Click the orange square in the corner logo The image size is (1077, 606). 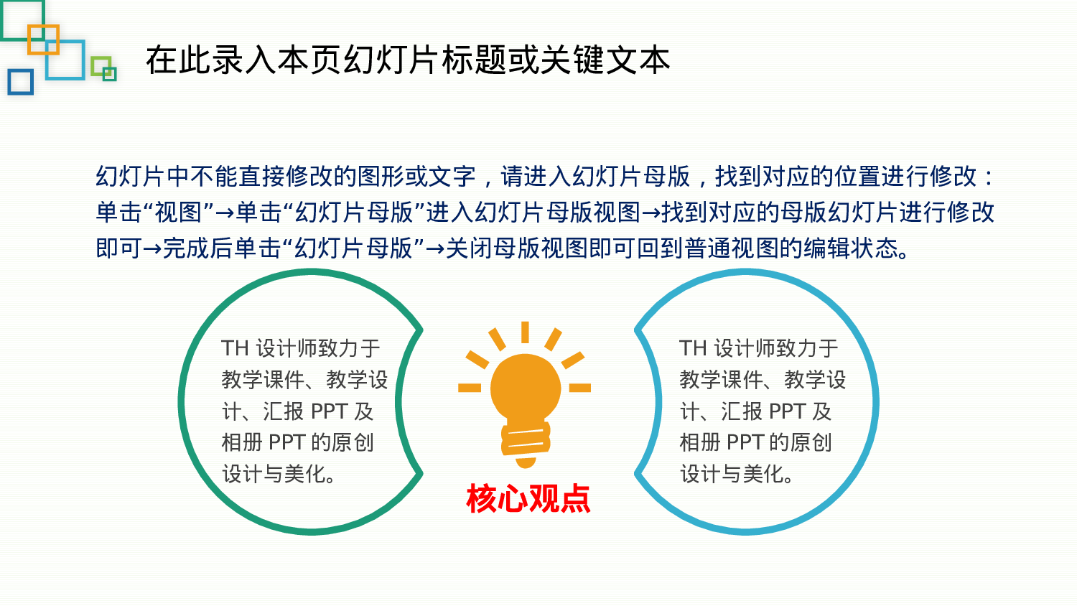43,39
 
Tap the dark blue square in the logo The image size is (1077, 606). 21,82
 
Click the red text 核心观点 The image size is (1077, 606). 528,498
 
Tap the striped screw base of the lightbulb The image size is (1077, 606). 526,439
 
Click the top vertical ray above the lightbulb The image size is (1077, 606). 526,332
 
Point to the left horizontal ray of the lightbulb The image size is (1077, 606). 470,388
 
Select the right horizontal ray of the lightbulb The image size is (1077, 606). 580,388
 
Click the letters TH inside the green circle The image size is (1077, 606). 235,349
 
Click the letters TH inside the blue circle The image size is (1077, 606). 693,349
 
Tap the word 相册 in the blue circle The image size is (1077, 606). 699,442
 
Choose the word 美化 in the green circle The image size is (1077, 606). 305,474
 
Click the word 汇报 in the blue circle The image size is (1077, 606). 742,411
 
